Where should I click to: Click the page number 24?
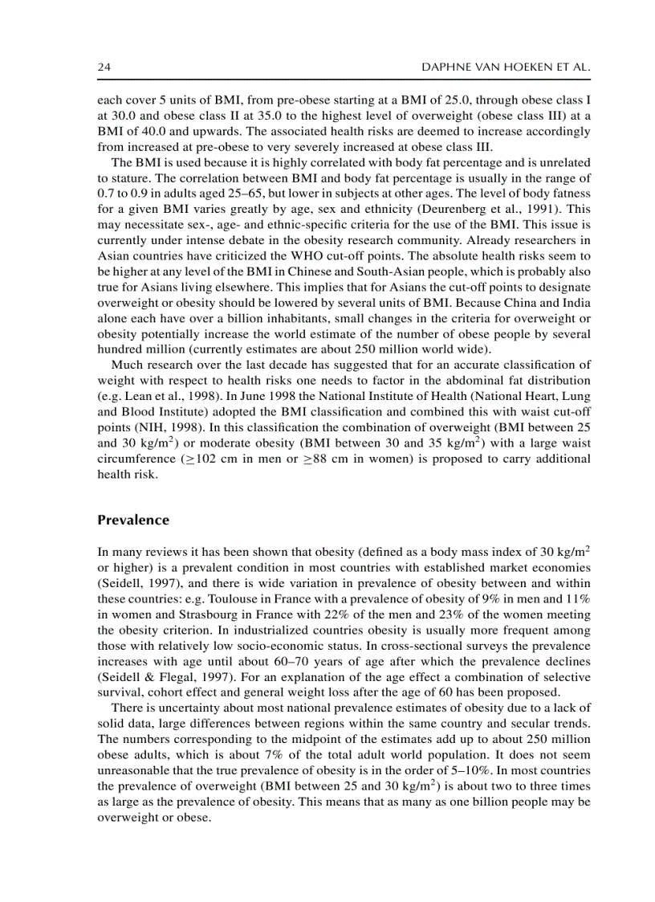pyautogui.click(x=104, y=69)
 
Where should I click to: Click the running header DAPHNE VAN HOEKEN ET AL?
pyautogui.click(x=506, y=69)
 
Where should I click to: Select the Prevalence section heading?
pyautogui.click(x=133, y=520)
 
